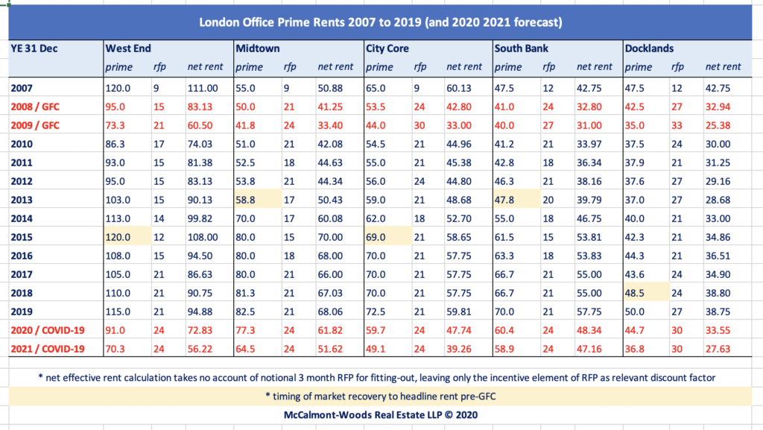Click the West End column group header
(x=128, y=48)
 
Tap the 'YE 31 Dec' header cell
(x=34, y=48)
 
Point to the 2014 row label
(x=23, y=219)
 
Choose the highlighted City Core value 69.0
(x=376, y=237)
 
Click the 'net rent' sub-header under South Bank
(x=594, y=67)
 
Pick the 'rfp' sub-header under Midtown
(x=290, y=67)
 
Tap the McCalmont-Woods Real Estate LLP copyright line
(x=381, y=414)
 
